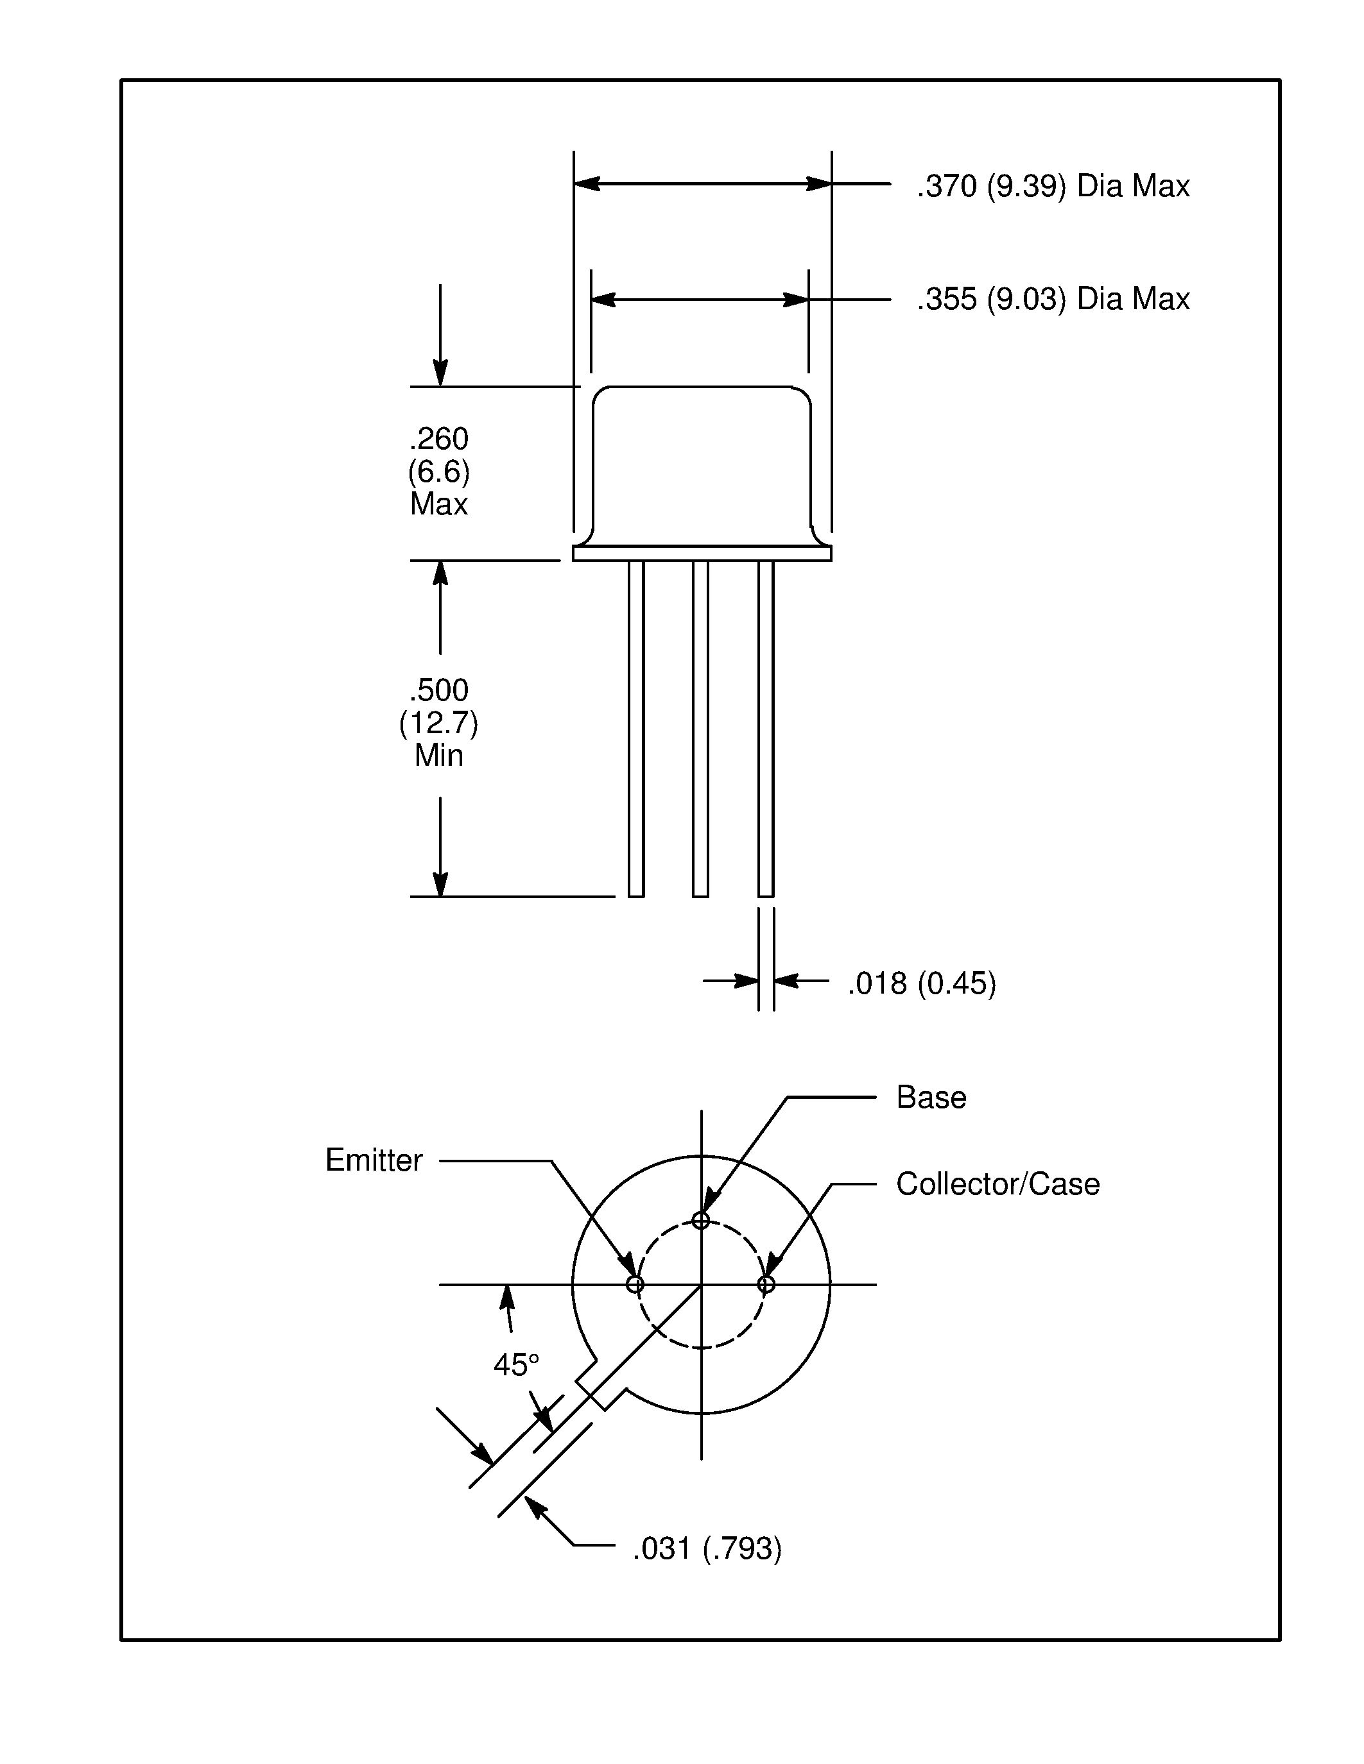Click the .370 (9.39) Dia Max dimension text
(1052, 187)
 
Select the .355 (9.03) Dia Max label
(1052, 300)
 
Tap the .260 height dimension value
(439, 439)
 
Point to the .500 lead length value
(439, 691)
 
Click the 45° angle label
(515, 1365)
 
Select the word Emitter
(374, 1160)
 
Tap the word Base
(931, 1098)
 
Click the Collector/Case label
(997, 1185)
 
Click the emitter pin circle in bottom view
(635, 1284)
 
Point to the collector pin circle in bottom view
(766, 1284)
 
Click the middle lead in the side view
(700, 727)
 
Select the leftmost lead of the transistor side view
(636, 727)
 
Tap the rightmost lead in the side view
(766, 727)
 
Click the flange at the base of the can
(702, 554)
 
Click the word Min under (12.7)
(439, 756)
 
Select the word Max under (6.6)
(439, 505)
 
